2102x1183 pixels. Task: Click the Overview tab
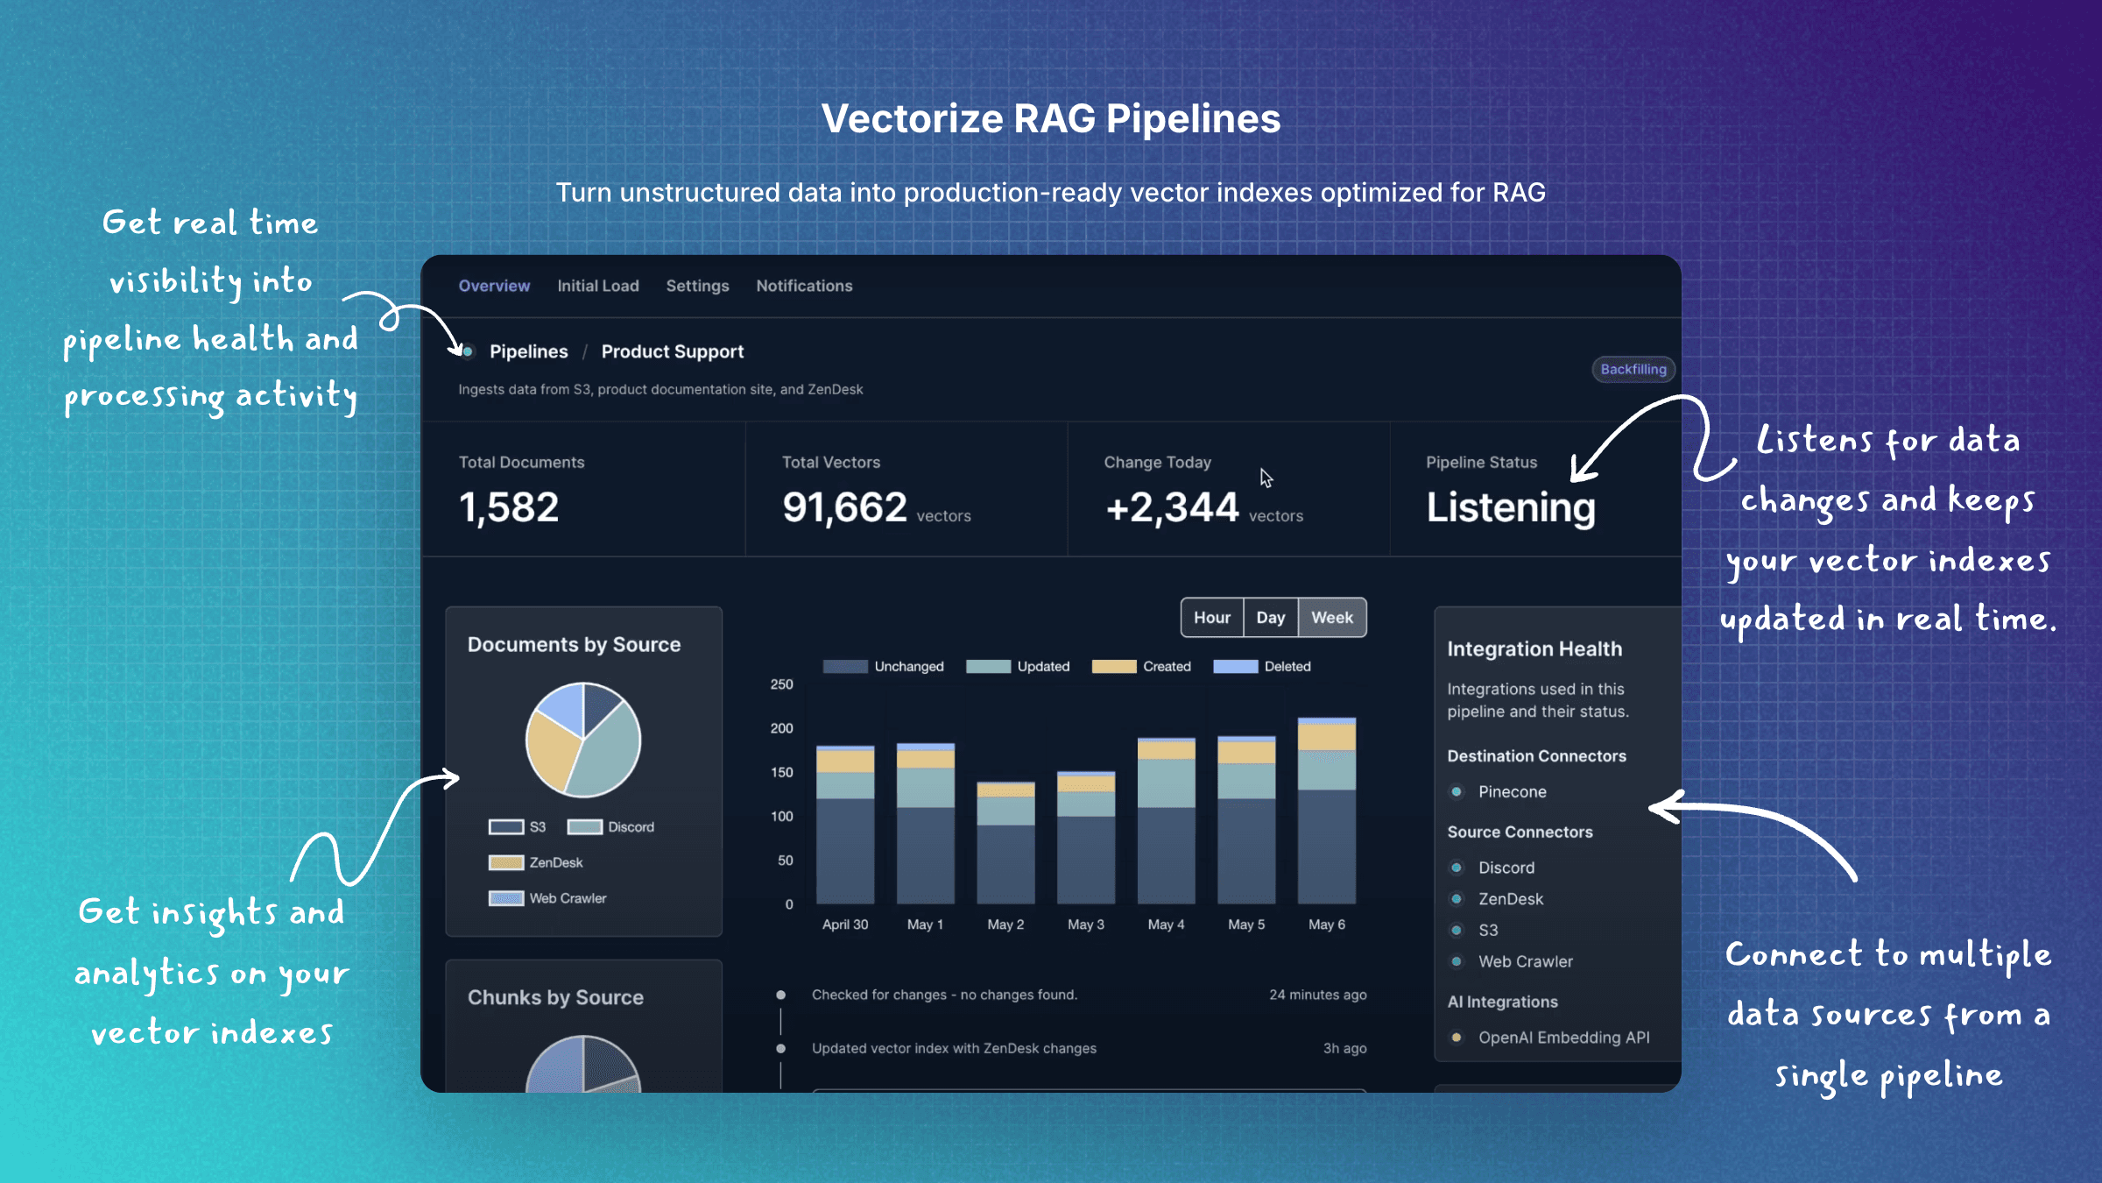pyautogui.click(x=494, y=286)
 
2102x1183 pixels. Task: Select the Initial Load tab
pyautogui.click(x=598, y=286)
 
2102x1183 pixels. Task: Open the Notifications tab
pyautogui.click(x=804, y=286)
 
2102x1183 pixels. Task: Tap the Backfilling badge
pyautogui.click(x=1633, y=369)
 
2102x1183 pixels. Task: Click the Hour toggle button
pyautogui.click(x=1212, y=618)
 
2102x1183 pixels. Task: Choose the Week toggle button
pyautogui.click(x=1332, y=618)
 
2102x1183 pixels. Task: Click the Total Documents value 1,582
pyautogui.click(x=509, y=507)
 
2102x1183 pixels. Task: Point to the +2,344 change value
pyautogui.click(x=1172, y=507)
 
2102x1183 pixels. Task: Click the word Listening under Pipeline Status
pyautogui.click(x=1511, y=507)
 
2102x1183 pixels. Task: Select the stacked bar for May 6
pyautogui.click(x=1327, y=811)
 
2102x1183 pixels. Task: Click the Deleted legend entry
pyautogui.click(x=1262, y=667)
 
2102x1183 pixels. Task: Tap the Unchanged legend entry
pyautogui.click(x=884, y=667)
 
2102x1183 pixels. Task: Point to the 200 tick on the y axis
pyautogui.click(x=781, y=728)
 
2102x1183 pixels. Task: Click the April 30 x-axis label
pyautogui.click(x=845, y=924)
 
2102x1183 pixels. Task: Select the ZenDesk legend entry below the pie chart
pyautogui.click(x=536, y=863)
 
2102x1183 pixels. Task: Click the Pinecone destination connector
pyautogui.click(x=1512, y=792)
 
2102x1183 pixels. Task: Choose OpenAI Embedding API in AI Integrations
pyautogui.click(x=1563, y=1038)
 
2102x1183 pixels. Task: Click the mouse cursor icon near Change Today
pyautogui.click(x=1266, y=478)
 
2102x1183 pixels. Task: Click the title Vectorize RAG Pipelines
pyautogui.click(x=1051, y=119)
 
